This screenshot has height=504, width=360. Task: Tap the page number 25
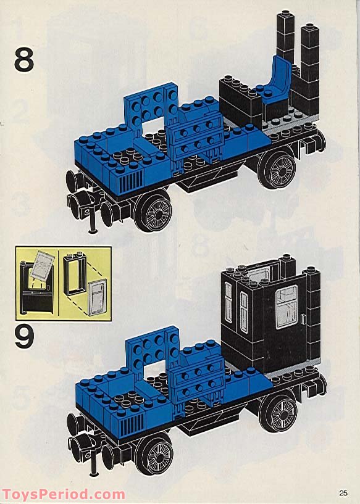coord(343,492)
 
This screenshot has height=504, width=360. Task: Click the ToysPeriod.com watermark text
coord(63,495)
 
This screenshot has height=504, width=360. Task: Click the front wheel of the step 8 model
coord(154,212)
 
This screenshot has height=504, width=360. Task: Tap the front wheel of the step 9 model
coord(154,455)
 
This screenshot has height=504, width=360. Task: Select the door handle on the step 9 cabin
coord(303,318)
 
